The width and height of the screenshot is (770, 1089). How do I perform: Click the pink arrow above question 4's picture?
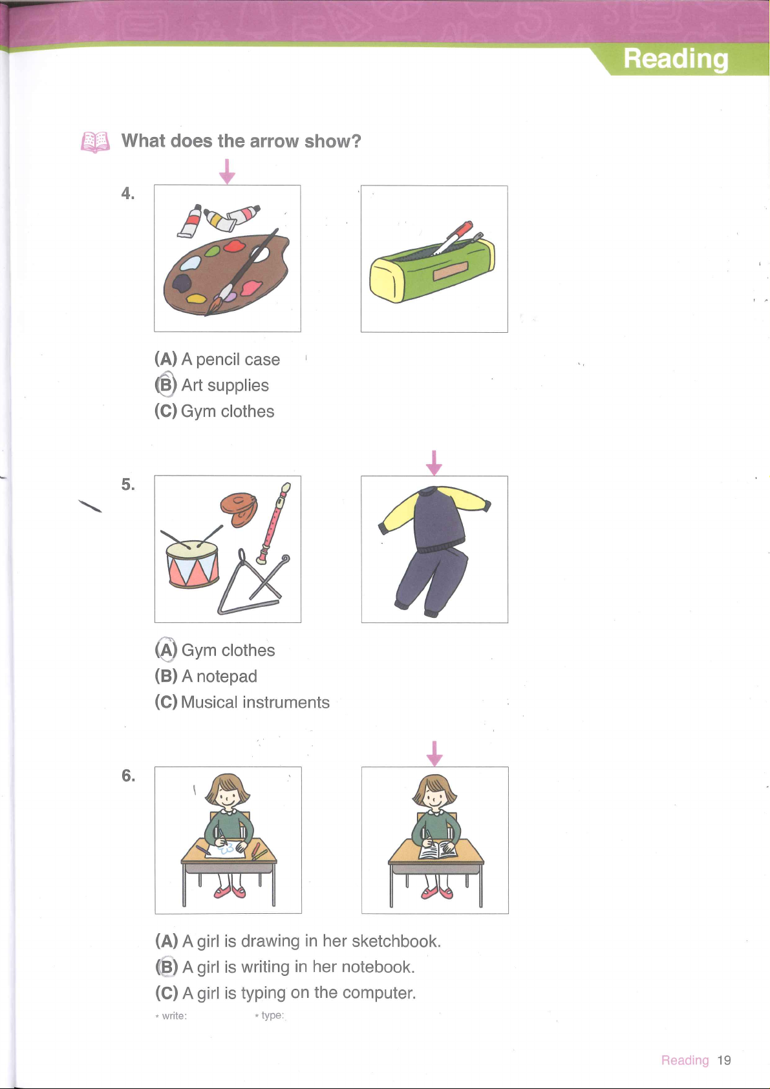227,172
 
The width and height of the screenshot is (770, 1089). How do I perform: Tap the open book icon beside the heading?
95,142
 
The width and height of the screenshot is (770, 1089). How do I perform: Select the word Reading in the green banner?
676,59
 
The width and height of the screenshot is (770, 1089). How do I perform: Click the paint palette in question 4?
227,274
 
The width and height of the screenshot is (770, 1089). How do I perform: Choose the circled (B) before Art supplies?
166,385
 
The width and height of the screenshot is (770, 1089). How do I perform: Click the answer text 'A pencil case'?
231,359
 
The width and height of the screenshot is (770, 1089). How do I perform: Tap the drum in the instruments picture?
193,563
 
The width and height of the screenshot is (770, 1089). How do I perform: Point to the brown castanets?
239,509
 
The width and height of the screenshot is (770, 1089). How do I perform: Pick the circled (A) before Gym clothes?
166,650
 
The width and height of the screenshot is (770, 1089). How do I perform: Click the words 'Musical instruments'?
255,702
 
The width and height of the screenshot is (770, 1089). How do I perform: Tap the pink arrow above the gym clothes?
434,463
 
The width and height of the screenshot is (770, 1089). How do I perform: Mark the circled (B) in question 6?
166,966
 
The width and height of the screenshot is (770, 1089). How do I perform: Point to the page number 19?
724,1061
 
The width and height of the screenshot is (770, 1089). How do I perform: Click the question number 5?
128,484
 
